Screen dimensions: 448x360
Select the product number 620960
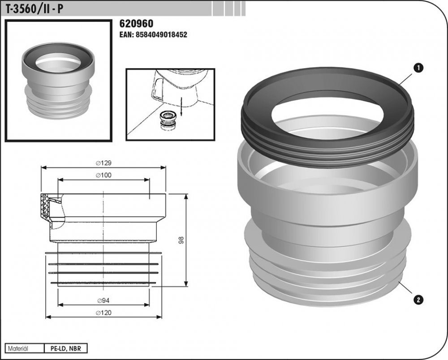coord(136,23)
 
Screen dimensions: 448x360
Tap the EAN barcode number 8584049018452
coord(153,35)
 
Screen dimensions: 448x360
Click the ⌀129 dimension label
coord(104,163)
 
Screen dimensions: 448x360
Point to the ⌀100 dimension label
coord(104,175)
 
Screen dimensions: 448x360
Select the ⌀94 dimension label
coord(104,300)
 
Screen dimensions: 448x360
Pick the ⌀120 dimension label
coord(104,313)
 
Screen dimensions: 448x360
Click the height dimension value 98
coord(181,240)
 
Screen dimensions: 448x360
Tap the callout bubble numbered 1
coord(418,68)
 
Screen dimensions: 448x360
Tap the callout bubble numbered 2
coord(418,300)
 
